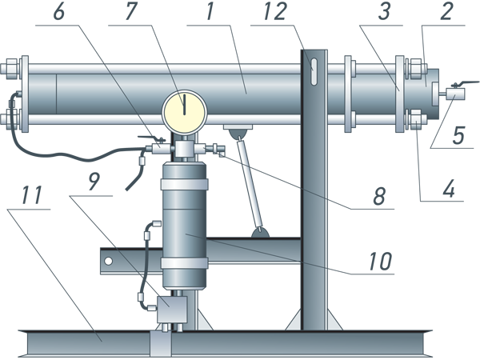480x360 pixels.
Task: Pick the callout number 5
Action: pyautogui.click(x=458, y=136)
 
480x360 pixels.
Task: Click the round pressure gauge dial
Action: pyautogui.click(x=183, y=111)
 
